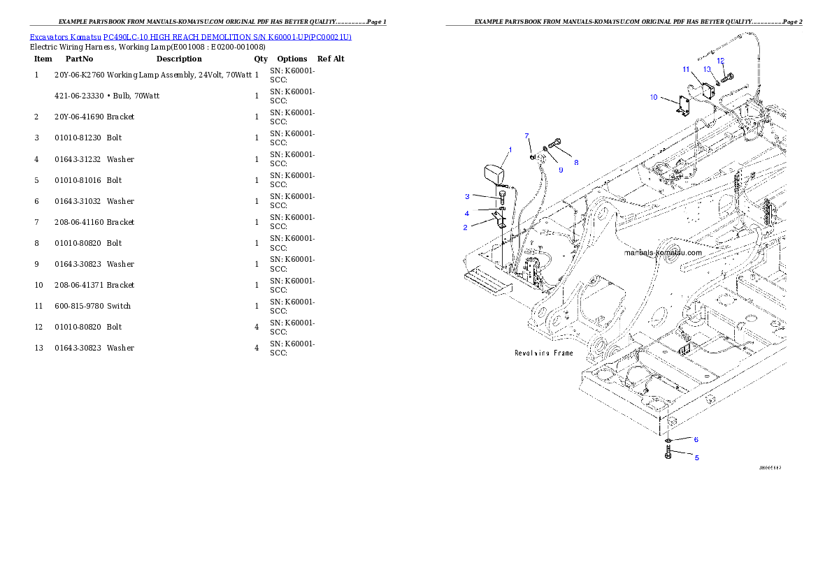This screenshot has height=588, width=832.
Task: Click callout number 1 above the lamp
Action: (510, 149)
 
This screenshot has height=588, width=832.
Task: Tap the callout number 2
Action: (465, 228)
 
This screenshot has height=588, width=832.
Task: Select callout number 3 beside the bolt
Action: (467, 196)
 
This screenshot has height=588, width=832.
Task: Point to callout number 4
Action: (467, 213)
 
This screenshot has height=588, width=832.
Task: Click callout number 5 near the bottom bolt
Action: (696, 458)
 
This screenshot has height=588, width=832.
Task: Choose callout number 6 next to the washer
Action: (696, 440)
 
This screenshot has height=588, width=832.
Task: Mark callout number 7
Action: (527, 135)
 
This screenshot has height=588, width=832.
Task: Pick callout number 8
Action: (576, 163)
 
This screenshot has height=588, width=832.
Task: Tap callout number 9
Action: (560, 170)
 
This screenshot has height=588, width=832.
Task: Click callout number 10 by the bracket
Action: (654, 97)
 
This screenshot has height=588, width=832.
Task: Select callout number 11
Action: (687, 69)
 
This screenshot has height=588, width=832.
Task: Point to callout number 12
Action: (720, 61)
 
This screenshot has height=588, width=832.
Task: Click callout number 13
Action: (707, 69)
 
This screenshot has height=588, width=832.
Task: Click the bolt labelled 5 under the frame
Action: (668, 455)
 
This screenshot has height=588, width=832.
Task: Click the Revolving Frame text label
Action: (543, 353)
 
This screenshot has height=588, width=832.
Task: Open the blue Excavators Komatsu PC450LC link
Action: (190, 36)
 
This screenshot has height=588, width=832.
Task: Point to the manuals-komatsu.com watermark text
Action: (661, 253)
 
